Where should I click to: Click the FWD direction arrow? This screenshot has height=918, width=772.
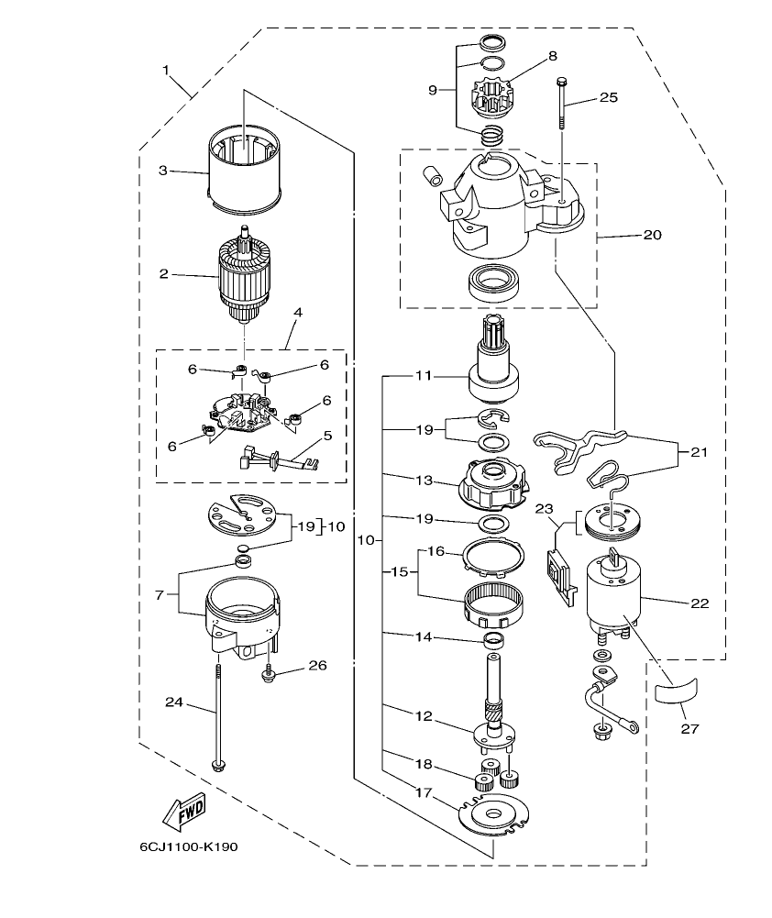pos(183,810)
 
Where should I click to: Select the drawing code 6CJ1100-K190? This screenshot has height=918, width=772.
pos(189,846)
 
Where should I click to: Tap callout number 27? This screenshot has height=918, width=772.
pos(689,729)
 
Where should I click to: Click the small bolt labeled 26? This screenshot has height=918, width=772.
pos(269,677)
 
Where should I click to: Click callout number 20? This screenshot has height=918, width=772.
pos(652,235)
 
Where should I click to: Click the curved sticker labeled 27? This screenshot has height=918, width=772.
pos(677,691)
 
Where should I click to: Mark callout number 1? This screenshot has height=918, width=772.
pos(167,70)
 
